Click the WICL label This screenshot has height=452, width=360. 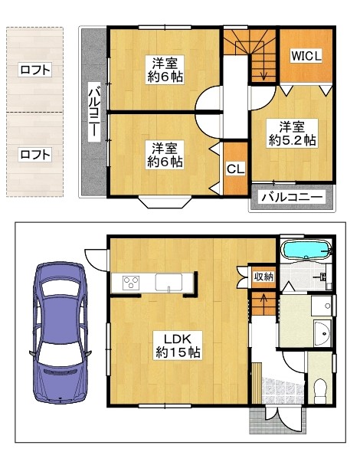(x=306, y=56)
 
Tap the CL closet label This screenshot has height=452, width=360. (x=235, y=169)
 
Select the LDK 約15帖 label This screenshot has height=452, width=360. (x=178, y=345)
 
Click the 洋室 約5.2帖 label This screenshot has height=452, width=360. (x=293, y=133)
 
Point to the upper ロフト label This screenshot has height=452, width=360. (x=35, y=70)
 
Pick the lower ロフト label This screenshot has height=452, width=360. (x=35, y=155)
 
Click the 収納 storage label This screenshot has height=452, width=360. (x=263, y=277)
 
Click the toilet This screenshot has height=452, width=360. (x=320, y=391)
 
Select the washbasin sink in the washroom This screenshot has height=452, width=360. (x=322, y=333)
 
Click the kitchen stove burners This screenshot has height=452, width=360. (x=131, y=282)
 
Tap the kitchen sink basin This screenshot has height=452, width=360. (x=169, y=282)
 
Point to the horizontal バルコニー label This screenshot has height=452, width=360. (x=292, y=197)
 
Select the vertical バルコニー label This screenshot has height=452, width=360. (x=94, y=112)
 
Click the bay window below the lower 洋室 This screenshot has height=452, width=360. (x=165, y=201)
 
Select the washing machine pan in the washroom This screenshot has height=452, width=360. (x=322, y=306)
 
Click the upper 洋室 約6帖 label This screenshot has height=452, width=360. (x=165, y=69)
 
